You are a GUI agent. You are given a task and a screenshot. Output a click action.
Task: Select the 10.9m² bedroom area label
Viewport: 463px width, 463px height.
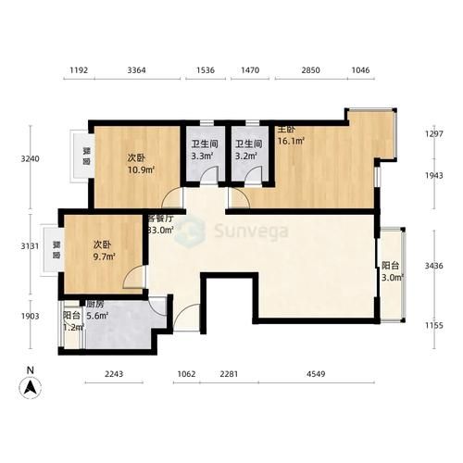[141, 169]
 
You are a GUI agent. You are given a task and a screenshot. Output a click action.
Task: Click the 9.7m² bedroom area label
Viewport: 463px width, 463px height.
[104, 257]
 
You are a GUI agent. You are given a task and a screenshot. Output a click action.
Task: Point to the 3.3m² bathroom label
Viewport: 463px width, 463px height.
[203, 156]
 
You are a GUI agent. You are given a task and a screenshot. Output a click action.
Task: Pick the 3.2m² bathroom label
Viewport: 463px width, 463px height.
[246, 156]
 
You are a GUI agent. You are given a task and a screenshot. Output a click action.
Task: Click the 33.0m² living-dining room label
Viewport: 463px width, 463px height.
[162, 231]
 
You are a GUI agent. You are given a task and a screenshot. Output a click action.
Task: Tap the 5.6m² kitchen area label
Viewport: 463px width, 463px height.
[96, 315]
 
